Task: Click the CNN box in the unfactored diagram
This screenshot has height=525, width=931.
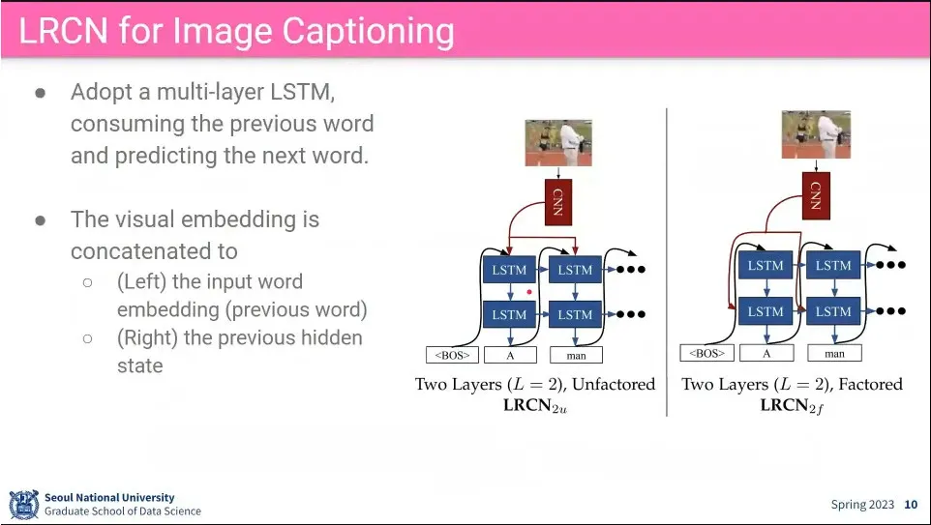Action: [x=558, y=203]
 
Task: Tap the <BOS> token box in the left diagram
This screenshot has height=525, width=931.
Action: [x=452, y=355]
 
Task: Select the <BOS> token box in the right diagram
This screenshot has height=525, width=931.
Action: [x=706, y=353]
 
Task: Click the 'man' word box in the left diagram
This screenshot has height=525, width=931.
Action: [x=575, y=355]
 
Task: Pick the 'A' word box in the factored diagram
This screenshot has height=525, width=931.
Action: [x=766, y=353]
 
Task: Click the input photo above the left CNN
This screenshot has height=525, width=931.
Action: [x=558, y=143]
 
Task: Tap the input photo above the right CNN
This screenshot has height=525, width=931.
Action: [x=816, y=134]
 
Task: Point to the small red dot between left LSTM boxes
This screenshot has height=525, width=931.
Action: [x=529, y=291]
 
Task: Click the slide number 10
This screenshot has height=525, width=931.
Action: [x=911, y=505]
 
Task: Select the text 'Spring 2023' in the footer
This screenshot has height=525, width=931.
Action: [x=862, y=505]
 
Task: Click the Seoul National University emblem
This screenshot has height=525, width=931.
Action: [x=23, y=505]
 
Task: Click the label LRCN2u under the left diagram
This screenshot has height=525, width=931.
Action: [x=534, y=405]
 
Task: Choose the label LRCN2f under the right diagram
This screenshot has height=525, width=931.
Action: [x=792, y=405]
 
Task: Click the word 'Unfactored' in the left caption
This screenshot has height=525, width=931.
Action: [x=614, y=384]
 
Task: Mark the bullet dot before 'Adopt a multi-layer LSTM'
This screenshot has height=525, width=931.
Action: [x=41, y=94]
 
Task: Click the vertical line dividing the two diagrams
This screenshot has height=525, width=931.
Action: [x=667, y=261]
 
